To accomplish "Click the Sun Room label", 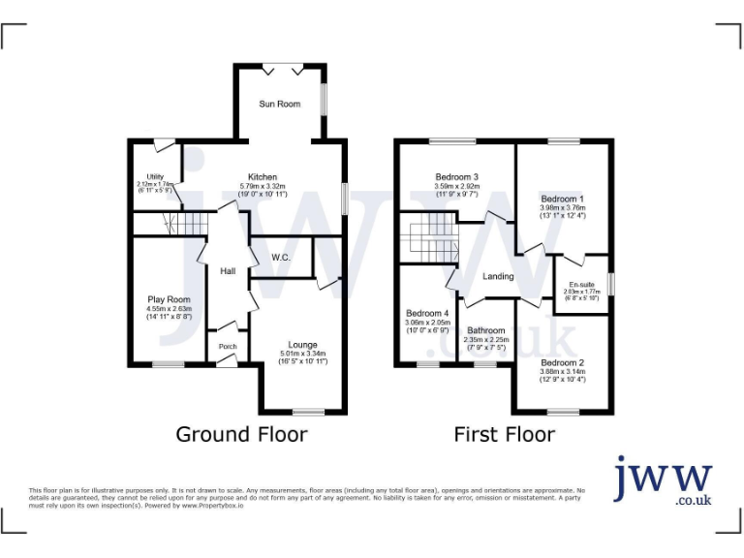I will tap(278, 104).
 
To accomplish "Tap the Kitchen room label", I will tap(263, 177).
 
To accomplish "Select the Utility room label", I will tap(155, 176).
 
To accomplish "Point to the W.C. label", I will tap(282, 257).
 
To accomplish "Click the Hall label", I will tap(228, 271).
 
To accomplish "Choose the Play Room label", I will tap(169, 299).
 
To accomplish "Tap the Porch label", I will tap(228, 346).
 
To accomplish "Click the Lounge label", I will tap(303, 344).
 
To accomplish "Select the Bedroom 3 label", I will tap(457, 177).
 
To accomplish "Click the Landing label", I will tap(499, 277).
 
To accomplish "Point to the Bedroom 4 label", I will tap(427, 314).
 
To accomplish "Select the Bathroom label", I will tap(485, 330).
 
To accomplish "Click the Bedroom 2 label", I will tap(563, 363).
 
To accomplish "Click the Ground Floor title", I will tap(241, 434).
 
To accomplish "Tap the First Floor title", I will tap(505, 434).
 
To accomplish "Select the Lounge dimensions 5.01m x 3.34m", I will tap(303, 354).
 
